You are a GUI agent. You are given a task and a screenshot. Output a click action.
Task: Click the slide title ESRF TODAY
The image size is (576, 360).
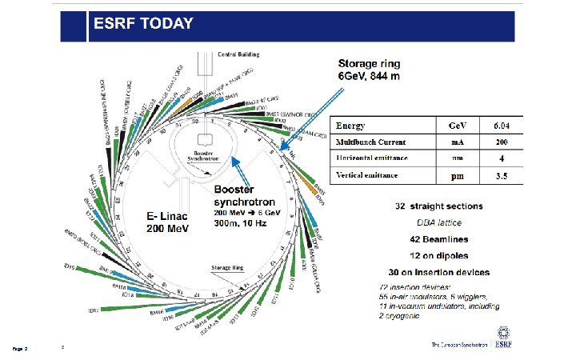click(144, 23)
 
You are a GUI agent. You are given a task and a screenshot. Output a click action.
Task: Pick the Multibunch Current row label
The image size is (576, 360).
click(370, 142)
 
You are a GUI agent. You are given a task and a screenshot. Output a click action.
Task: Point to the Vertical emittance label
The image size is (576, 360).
click(371, 174)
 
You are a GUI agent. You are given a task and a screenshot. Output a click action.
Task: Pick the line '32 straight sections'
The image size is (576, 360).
click(442, 206)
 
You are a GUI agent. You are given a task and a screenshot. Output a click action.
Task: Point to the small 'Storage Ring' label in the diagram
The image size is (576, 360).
click(226, 267)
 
